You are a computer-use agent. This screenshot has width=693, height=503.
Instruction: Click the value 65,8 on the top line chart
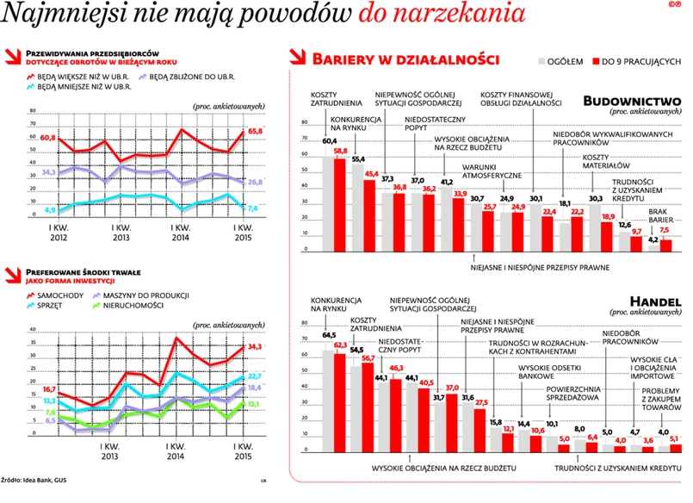[255, 131]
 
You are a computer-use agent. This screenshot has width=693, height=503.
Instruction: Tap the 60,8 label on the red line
[47, 138]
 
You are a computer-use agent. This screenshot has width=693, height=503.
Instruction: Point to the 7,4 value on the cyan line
[253, 208]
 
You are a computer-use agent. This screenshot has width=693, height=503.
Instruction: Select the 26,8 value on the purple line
[255, 183]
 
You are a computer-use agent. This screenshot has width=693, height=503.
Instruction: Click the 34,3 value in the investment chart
[255, 347]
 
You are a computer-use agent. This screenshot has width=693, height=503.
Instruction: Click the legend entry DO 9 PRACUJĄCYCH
[642, 61]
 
